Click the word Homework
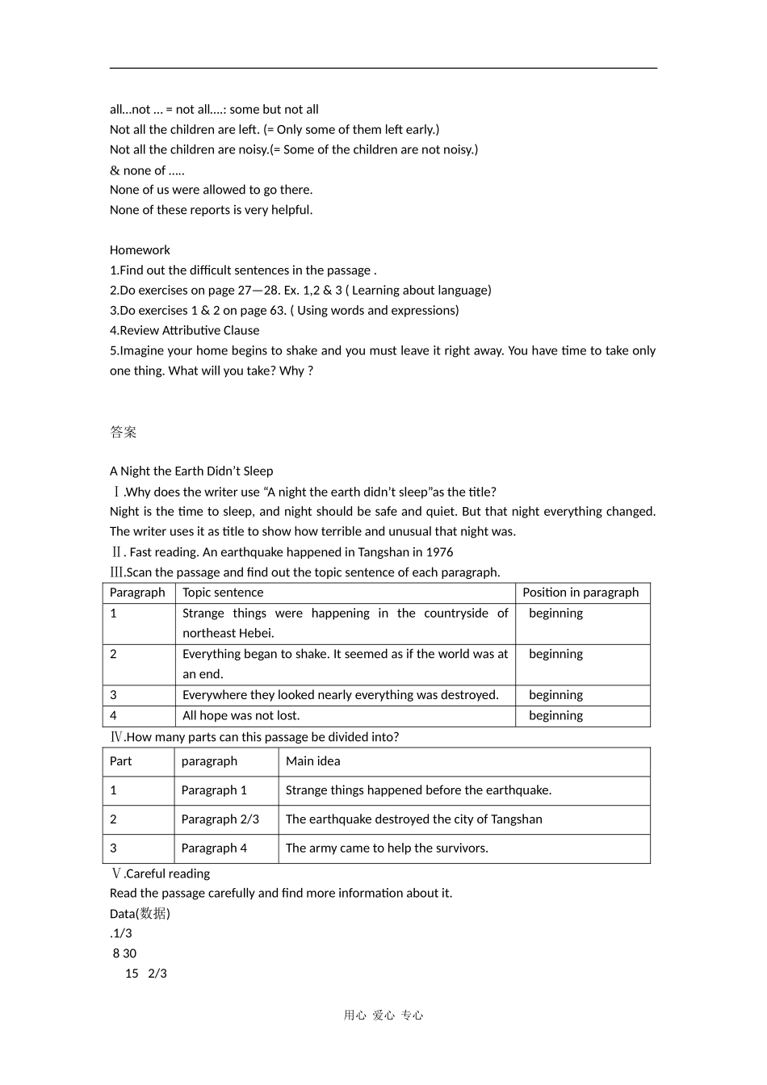pos(140,250)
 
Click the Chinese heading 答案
pos(124,433)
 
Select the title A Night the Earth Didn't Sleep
pos(191,471)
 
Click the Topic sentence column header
pos(223,593)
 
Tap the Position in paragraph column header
pos(580,593)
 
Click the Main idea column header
pos(312,761)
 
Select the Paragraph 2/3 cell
pos(220,819)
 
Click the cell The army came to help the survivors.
pos(387,848)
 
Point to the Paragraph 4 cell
pos(214,848)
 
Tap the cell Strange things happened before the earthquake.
pos(418,790)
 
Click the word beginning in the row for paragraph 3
pos(555,695)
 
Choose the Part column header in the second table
pos(120,761)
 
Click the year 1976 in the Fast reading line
pos(439,552)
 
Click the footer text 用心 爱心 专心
pos(383,1016)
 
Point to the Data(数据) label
pos(140,914)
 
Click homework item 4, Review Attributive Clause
pos(185,330)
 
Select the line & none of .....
pos(147,170)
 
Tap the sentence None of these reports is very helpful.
pos(211,210)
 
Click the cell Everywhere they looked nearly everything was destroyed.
pos(340,695)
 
